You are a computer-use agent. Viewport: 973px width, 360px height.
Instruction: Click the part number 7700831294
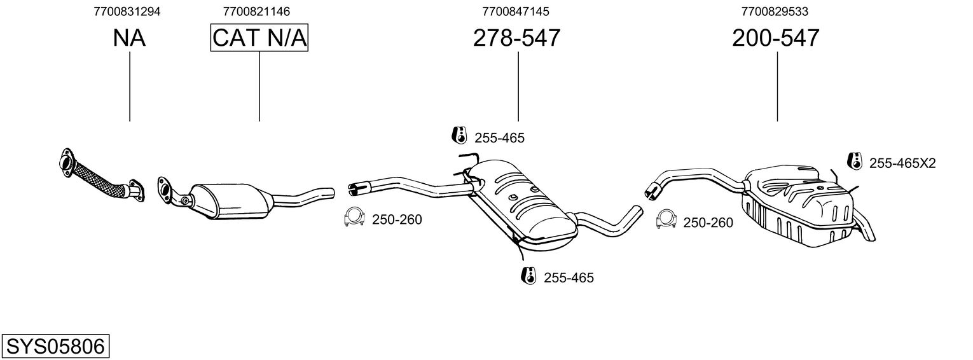click(x=127, y=11)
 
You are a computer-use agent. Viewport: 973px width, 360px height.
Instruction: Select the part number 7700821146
click(x=257, y=11)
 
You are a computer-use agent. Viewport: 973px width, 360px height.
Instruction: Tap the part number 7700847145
click(x=516, y=11)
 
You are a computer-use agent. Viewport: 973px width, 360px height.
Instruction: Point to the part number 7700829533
click(x=775, y=11)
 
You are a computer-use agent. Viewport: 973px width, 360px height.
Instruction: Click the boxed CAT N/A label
click(x=259, y=38)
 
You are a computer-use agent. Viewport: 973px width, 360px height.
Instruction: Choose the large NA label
click(x=129, y=38)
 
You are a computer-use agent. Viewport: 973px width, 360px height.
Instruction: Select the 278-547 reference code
click(x=516, y=38)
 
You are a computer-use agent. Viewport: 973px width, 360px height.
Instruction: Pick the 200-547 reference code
click(x=776, y=38)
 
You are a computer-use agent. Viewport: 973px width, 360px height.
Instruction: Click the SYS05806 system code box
click(x=55, y=347)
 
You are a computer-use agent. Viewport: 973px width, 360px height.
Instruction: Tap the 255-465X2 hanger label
click(x=902, y=163)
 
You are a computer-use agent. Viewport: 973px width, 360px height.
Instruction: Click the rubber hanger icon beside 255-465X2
click(x=855, y=162)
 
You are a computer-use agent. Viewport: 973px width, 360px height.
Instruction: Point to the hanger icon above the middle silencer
click(x=458, y=135)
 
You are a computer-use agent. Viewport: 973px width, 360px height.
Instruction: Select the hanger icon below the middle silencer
click(x=527, y=276)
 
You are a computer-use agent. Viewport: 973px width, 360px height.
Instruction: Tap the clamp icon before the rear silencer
click(x=665, y=219)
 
